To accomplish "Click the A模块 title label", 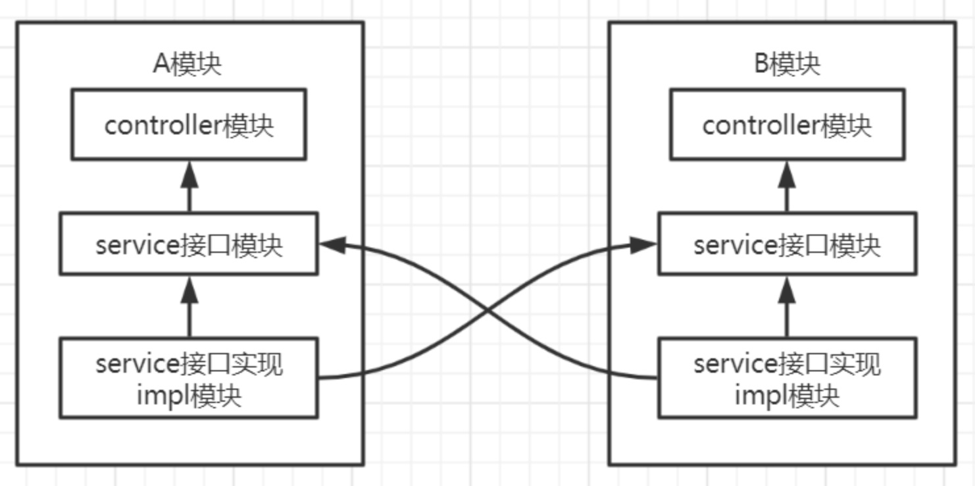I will [187, 65].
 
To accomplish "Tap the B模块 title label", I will [787, 65].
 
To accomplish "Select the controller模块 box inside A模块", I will [189, 124].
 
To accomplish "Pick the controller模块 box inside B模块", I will [787, 124].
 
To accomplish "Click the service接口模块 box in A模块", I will [189, 244].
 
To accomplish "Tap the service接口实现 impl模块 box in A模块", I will [189, 378].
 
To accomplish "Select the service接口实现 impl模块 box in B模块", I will [787, 378].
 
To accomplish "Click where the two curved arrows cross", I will [488, 309].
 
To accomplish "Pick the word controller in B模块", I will [761, 125].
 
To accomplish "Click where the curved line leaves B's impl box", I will [657, 378].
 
